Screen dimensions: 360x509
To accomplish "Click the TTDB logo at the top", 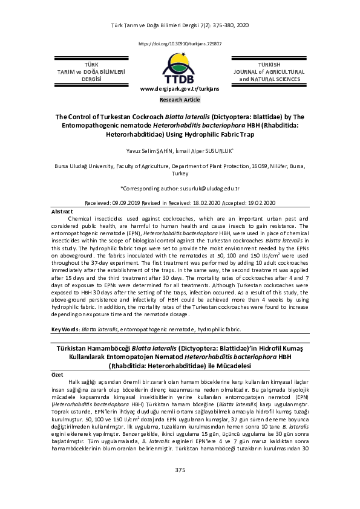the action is pyautogui.click(x=180, y=68).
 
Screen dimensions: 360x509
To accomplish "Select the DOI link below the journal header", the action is pyautogui.click(x=180, y=44).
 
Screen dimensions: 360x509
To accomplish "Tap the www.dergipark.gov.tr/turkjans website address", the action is pyautogui.click(x=180, y=88).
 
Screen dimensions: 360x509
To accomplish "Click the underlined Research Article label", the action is pyautogui.click(x=180, y=99).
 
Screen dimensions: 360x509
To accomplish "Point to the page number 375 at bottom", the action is pyautogui.click(x=180, y=487).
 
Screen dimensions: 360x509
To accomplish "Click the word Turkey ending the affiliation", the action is pyautogui.click(x=180, y=172).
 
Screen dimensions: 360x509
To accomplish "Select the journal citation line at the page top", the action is pyautogui.click(x=180, y=25).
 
